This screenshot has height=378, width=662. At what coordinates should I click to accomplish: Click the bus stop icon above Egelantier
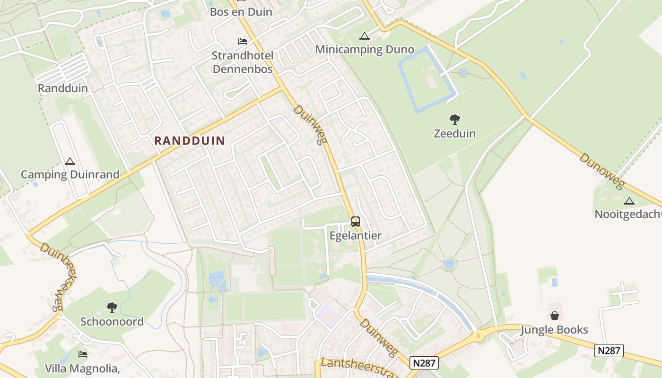355,221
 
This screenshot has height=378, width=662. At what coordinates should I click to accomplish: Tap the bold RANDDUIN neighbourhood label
190,140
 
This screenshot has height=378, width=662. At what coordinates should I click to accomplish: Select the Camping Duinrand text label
70,174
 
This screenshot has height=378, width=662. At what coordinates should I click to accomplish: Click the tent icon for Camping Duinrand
70,162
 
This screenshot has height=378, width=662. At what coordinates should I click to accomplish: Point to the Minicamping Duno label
364,50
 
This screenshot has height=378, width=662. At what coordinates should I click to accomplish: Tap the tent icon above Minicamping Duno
364,36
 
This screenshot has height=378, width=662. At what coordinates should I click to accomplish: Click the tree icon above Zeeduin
455,120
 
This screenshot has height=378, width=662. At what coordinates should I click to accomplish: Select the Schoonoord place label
112,322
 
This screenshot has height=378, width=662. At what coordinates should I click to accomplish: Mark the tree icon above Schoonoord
112,308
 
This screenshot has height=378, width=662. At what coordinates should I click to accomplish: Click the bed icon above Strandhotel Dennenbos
243,42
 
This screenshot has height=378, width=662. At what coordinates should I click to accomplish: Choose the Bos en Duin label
241,12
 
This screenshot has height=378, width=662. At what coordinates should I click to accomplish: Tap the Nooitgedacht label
628,214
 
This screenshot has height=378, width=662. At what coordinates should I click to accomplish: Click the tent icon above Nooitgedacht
629,201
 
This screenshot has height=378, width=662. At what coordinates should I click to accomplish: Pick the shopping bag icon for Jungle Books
555,316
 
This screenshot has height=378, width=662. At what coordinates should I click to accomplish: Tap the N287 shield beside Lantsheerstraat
424,363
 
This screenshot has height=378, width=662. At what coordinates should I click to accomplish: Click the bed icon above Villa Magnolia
83,354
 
